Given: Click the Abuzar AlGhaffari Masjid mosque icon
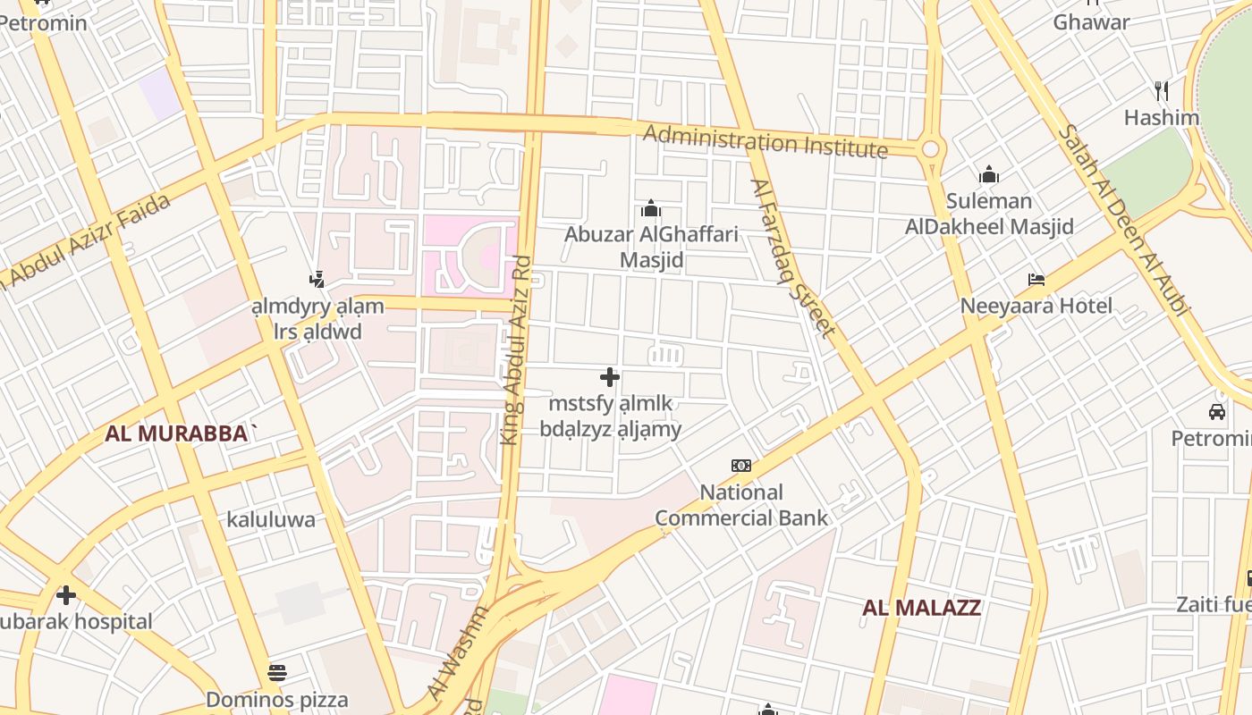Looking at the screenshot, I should pyautogui.click(x=651, y=209).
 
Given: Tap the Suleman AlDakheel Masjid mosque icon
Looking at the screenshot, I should pyautogui.click(x=988, y=174).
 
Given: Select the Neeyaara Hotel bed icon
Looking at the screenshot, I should pyautogui.click(x=1036, y=281).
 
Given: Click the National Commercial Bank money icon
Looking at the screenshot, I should pyautogui.click(x=741, y=466).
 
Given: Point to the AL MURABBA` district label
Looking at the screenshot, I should pyautogui.click(x=182, y=434).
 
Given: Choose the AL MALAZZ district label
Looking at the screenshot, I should pyautogui.click(x=921, y=609).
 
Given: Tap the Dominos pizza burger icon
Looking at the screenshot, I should pyautogui.click(x=277, y=673).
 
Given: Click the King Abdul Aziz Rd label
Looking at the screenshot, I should pyautogui.click(x=516, y=351).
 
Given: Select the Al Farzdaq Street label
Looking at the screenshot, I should pyautogui.click(x=792, y=259).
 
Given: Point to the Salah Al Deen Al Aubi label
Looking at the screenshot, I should pyautogui.click(x=1125, y=220).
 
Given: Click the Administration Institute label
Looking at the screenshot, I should pyautogui.click(x=766, y=141).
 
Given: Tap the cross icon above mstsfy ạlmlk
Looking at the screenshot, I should pyautogui.click(x=610, y=377).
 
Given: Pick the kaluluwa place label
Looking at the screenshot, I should pyautogui.click(x=270, y=520).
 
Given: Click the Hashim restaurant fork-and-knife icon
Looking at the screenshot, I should pyautogui.click(x=1162, y=91).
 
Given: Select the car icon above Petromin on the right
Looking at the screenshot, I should pyautogui.click(x=1216, y=412).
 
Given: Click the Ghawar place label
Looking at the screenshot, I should pyautogui.click(x=1091, y=22).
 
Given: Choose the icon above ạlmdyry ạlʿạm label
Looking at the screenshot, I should pyautogui.click(x=317, y=280).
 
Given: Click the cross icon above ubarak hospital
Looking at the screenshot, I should pyautogui.click(x=65, y=595).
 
